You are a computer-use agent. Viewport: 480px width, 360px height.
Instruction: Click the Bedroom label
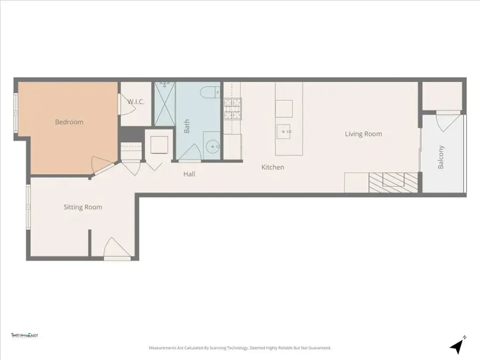click(69, 122)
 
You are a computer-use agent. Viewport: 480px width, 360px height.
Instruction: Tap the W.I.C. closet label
click(136, 102)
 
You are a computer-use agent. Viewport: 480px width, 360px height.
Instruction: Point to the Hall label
click(189, 174)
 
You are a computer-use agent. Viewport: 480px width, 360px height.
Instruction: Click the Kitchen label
click(273, 167)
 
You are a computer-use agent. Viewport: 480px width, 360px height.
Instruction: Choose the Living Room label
click(363, 134)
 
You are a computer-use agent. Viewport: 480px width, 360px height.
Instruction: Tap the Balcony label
click(441, 157)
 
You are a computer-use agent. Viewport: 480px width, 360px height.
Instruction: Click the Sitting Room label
click(83, 207)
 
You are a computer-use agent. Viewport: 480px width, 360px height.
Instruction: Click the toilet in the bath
click(209, 92)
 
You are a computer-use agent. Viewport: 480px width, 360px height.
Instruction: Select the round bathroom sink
click(213, 145)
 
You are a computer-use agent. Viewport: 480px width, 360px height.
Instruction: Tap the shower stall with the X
click(164, 104)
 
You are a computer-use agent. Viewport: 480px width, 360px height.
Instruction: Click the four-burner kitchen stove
click(232, 109)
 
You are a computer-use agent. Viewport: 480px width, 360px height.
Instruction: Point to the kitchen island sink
click(284, 130)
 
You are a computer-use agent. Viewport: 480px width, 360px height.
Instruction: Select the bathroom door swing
click(189, 154)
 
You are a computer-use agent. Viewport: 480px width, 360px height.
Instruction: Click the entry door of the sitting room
click(116, 250)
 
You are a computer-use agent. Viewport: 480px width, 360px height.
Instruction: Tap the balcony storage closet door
click(444, 122)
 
